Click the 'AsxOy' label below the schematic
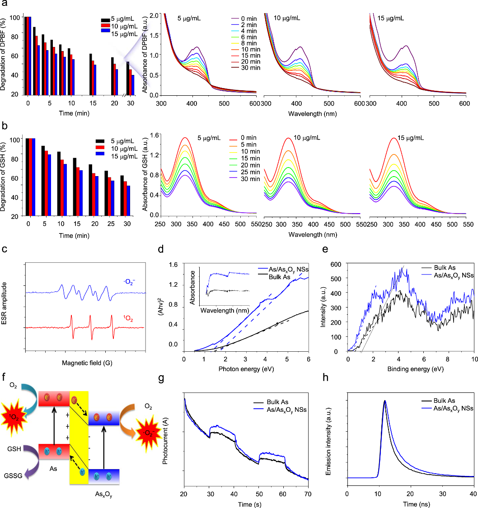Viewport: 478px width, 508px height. point(103,500)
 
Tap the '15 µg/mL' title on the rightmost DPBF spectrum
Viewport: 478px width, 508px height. point(394,19)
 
